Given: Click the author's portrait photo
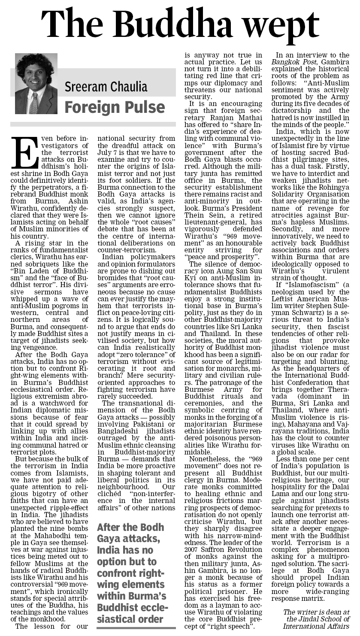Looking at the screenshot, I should (x=36, y=83).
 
